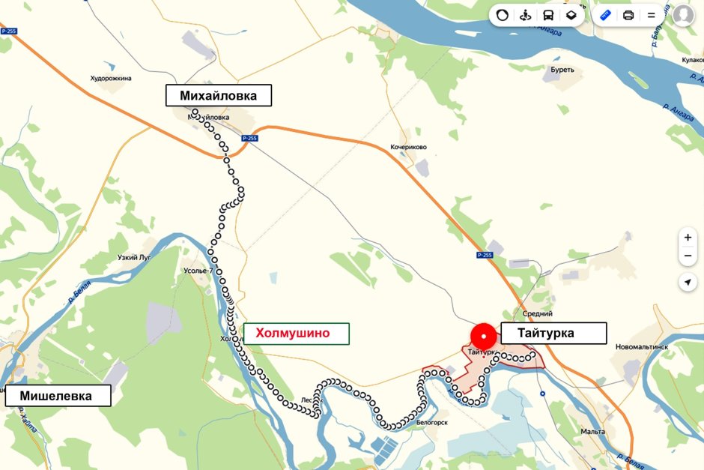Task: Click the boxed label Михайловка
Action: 218,95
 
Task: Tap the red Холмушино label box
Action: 296,334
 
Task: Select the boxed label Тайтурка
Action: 553,334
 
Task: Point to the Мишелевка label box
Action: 58,396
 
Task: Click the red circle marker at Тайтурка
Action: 484,335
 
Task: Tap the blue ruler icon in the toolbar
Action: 606,15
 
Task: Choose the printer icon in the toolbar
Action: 628,15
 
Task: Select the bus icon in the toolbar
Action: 548,15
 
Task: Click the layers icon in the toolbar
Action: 571,15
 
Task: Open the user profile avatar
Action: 683,15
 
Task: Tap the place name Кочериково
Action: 408,147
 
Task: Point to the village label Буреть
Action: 562,70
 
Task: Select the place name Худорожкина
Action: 111,78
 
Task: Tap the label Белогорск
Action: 431,423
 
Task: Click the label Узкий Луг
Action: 134,257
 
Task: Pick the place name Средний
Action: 538,314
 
